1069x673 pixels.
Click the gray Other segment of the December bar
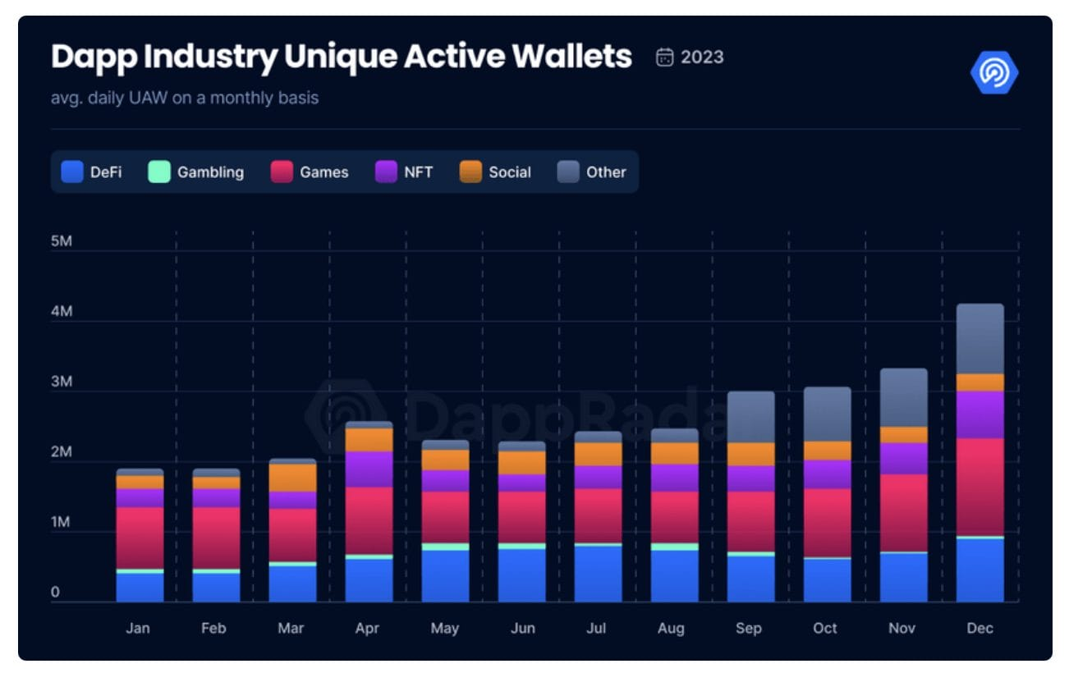coord(980,339)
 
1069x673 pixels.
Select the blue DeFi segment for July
coord(598,574)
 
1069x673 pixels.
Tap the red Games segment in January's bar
coord(140,538)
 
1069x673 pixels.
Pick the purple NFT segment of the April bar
coord(369,469)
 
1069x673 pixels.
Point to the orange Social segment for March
coord(292,478)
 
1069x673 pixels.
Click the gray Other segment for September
coord(750,417)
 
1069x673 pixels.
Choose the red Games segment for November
coord(903,513)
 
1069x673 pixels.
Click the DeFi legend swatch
coord(72,172)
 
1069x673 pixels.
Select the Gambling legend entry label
coord(210,172)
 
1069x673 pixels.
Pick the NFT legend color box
coord(387,172)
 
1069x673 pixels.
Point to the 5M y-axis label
coord(62,242)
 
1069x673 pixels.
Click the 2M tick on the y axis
coord(62,452)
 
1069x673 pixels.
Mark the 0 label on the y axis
coord(55,592)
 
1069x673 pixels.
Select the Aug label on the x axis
coord(671,628)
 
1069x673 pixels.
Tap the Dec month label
coord(980,628)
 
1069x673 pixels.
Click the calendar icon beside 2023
coord(665,57)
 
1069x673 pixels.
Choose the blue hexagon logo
coord(993,73)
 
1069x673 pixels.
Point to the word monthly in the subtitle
coord(241,98)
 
